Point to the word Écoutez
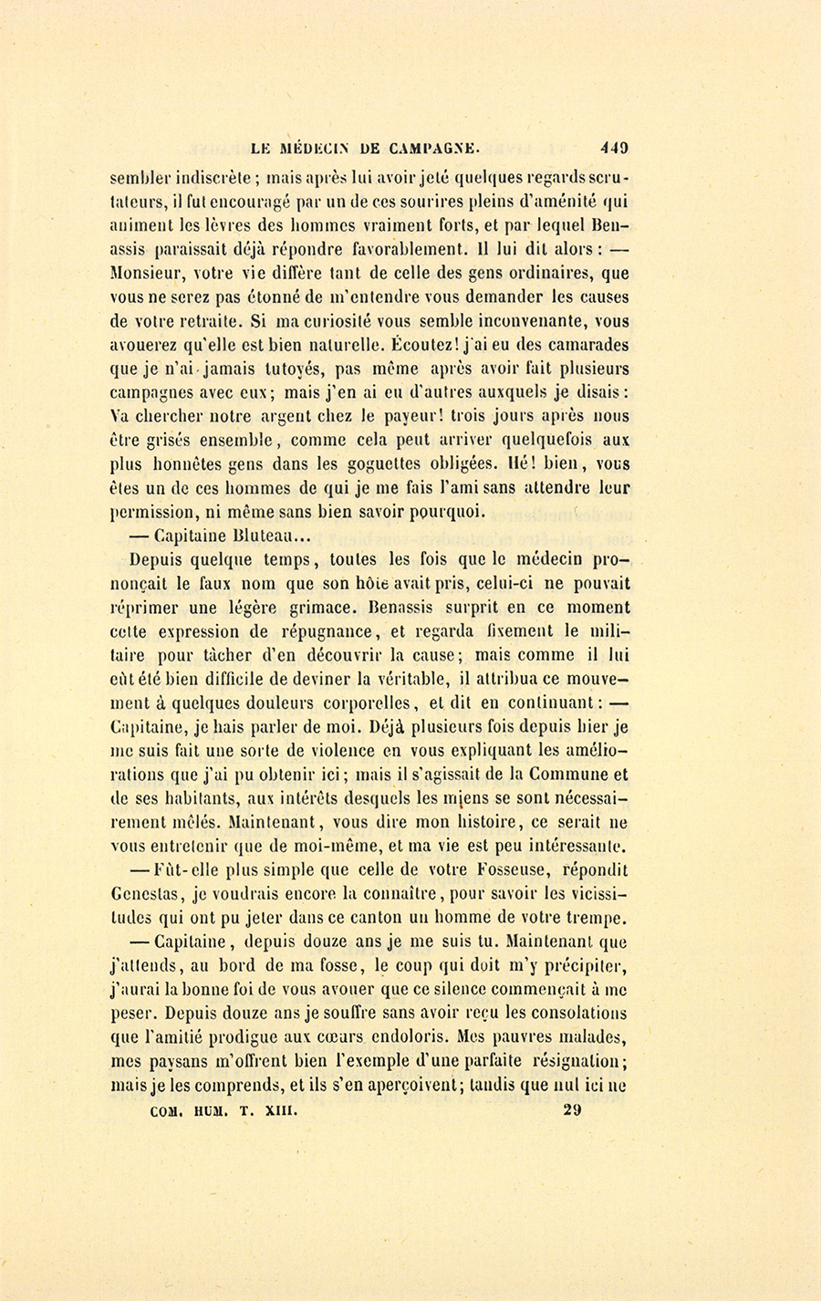[429, 345]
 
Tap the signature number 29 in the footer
[573, 1110]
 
